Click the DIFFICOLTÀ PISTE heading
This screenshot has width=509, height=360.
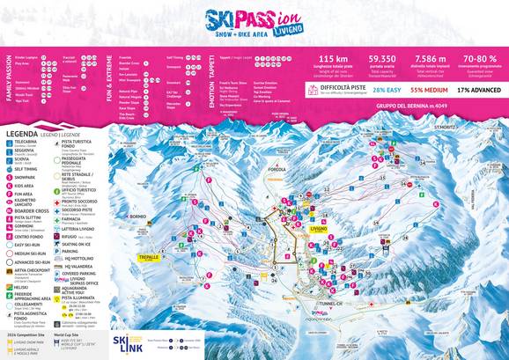343,87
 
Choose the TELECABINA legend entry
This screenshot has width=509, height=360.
26,142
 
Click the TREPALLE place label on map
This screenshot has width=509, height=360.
148,258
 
